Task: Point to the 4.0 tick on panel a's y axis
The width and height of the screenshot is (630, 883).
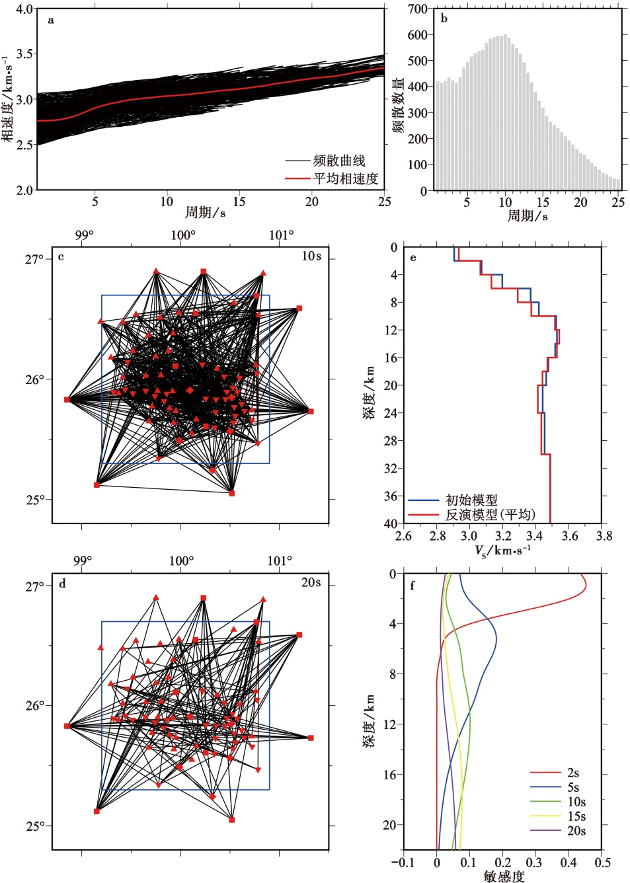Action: [24, 9]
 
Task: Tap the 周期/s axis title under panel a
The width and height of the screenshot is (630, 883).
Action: [205, 212]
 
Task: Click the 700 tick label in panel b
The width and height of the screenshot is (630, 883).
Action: [417, 9]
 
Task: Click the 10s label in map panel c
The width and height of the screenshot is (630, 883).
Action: [311, 256]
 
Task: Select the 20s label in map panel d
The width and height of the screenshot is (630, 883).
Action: [311, 582]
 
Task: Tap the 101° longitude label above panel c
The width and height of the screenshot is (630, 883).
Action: [281, 235]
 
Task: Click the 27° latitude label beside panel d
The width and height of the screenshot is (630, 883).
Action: [35, 586]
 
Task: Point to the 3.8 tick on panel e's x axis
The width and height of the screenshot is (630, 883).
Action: [604, 535]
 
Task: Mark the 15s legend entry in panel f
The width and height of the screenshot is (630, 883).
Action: [576, 816]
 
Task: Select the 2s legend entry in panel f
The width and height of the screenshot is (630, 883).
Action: [572, 773]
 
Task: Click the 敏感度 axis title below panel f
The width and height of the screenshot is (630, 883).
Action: [504, 876]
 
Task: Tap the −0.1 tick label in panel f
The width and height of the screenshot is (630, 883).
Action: [403, 863]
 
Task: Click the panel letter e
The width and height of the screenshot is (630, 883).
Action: [413, 257]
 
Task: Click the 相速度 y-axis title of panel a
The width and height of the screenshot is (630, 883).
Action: [8, 99]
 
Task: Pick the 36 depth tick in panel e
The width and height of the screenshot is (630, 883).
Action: [391, 496]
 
